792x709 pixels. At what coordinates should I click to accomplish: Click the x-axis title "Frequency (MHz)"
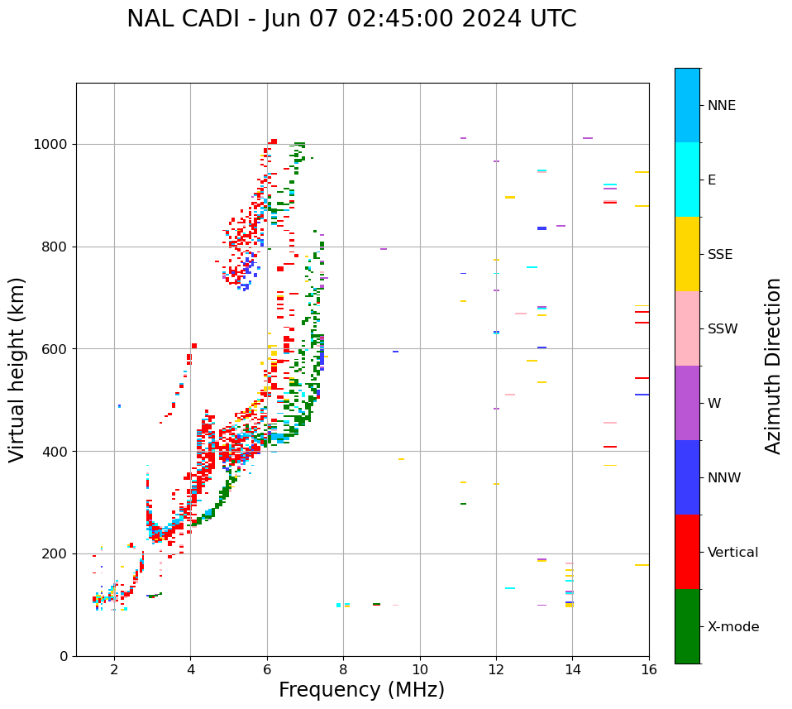coord(361,690)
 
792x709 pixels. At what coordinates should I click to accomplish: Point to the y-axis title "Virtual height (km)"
coord(17,369)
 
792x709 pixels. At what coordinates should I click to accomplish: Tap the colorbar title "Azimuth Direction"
coord(773,366)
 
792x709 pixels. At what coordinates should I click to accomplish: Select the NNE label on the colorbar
coord(721,106)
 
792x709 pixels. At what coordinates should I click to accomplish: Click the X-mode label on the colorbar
coord(732,627)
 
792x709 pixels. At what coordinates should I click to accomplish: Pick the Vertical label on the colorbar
coord(732,553)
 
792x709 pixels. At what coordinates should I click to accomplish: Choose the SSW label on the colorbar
coord(723,329)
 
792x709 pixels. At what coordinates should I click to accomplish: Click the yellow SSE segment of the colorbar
coord(687,254)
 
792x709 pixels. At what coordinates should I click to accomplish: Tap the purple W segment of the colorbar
coord(687,403)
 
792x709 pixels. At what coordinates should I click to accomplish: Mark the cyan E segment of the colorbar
coord(687,180)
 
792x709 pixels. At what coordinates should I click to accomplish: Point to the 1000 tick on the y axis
coord(55,145)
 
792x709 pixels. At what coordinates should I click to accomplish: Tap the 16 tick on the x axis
coord(649,669)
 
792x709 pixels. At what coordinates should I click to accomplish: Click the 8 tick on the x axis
coord(343,669)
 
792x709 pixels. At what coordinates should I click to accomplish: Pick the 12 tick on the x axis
coord(496,669)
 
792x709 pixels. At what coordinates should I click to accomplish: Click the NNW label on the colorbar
coord(724,478)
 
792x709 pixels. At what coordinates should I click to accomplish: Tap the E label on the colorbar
coord(712,180)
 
